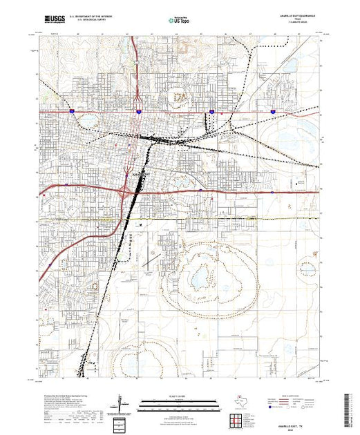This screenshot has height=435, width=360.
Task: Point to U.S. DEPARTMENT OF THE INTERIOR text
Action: click(88, 15)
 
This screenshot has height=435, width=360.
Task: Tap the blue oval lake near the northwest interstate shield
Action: click(89, 121)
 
